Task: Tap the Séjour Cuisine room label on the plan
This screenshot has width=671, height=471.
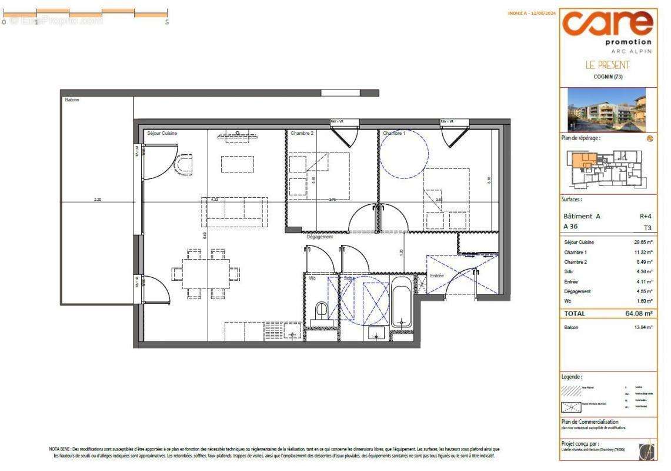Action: tap(162, 134)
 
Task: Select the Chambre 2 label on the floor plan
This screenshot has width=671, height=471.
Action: tap(302, 134)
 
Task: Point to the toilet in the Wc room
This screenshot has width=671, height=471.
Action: tap(322, 310)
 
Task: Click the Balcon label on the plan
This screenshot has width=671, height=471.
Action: tap(72, 100)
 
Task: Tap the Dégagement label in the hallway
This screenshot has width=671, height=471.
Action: tap(319, 237)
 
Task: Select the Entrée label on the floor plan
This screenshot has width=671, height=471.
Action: tap(436, 276)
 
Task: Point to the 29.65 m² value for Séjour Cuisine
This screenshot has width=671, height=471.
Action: tap(640, 242)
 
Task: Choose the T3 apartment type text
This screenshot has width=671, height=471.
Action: tap(646, 228)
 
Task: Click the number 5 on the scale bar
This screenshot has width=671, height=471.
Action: tap(167, 22)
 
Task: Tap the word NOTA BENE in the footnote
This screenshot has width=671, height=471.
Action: tap(59, 449)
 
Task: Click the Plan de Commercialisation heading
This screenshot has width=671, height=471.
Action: tap(589, 422)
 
